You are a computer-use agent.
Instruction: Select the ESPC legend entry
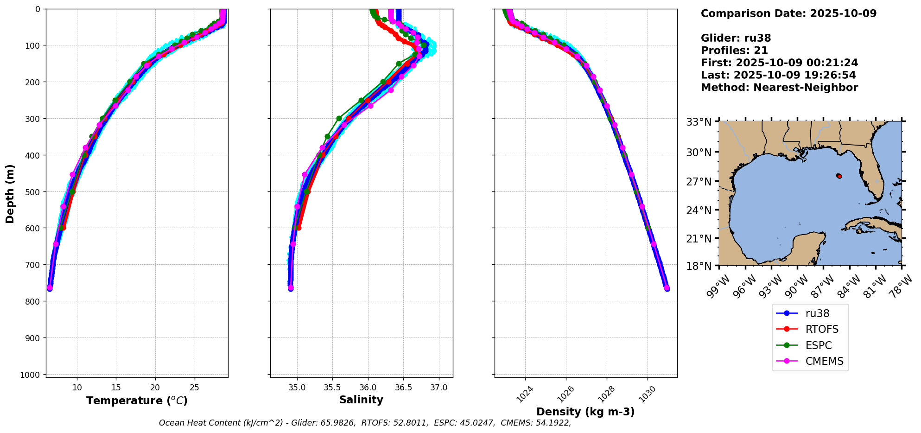pos(819,345)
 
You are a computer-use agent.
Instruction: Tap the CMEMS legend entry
pos(824,362)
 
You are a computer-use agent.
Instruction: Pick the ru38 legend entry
pos(817,314)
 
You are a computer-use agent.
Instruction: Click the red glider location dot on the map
pos(839,176)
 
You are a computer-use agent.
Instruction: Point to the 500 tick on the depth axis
pos(34,191)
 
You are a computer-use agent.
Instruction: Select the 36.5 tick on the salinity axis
pos(403,388)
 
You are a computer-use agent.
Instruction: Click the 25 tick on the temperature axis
pos(195,388)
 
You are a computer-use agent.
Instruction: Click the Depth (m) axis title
pos(10,193)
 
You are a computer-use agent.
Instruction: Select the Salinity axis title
pos(361,400)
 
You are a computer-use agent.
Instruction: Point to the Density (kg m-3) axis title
pos(585,412)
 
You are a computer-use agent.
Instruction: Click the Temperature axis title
pos(137,401)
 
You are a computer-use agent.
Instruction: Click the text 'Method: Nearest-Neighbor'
pos(779,88)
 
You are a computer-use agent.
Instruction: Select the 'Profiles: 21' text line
pos(734,51)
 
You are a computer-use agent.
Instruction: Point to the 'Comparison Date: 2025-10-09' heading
pos(788,13)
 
